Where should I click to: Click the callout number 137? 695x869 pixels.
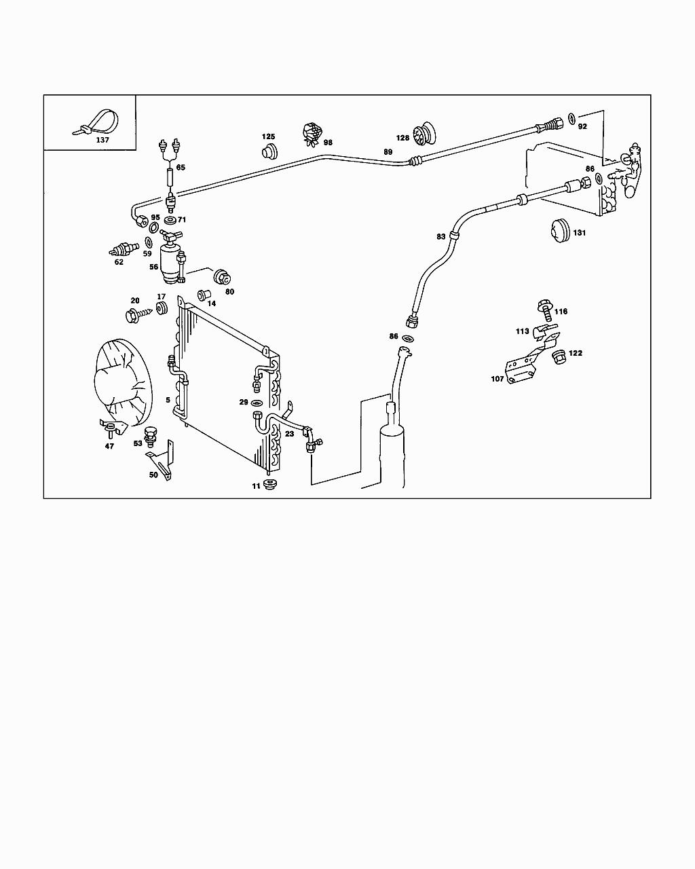(102, 140)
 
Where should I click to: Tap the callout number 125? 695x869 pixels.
(269, 137)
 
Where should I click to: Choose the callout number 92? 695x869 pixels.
(582, 126)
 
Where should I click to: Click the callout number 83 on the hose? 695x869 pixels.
(441, 236)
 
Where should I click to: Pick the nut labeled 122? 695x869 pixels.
(559, 356)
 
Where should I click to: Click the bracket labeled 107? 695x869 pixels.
(523, 370)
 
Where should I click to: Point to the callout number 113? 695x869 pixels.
(522, 332)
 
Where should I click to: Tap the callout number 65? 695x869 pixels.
(180, 167)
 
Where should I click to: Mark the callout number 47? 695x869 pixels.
(109, 446)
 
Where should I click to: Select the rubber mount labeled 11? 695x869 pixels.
(272, 485)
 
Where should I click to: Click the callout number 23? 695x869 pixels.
(289, 433)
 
